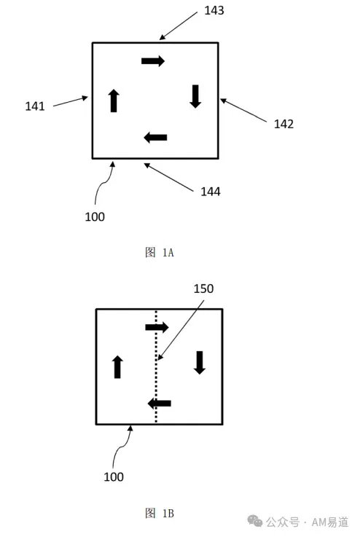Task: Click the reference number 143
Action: coord(214,11)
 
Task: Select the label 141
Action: coord(35,106)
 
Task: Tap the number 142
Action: coord(283,124)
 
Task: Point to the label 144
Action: coord(211,192)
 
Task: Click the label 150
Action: coord(203,289)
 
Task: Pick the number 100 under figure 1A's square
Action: coord(95,217)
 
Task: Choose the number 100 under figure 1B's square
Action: coord(114,477)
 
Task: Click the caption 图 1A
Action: coord(160,252)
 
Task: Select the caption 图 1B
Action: coord(160,513)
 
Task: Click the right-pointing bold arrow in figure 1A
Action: coord(153,61)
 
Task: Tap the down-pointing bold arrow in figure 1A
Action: coord(195,96)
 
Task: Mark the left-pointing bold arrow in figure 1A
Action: coord(155,138)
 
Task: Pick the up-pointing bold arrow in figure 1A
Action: coord(114,101)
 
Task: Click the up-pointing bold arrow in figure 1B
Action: coord(117,367)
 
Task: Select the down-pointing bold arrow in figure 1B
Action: coord(200,363)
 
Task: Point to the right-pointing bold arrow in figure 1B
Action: coord(157,327)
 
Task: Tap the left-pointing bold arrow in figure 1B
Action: coord(160,404)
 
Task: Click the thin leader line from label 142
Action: coord(243,110)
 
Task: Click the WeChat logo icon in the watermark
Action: coord(255,521)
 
